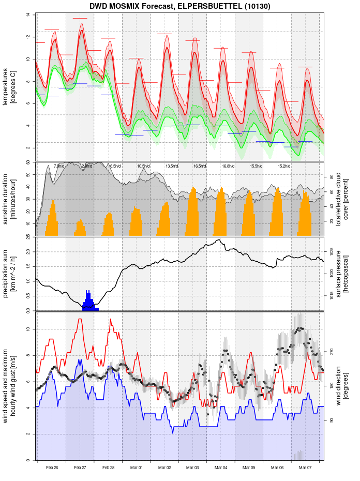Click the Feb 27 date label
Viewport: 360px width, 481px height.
tap(80, 468)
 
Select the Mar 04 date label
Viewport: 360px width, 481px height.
tap(221, 468)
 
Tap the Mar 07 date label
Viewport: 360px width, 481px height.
tap(305, 468)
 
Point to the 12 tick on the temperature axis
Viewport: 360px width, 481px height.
tap(28, 37)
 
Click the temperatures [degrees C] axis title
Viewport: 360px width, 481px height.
tap(9, 82)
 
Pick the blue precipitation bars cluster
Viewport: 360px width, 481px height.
tap(89, 301)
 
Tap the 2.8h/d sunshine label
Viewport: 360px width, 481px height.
tap(87, 166)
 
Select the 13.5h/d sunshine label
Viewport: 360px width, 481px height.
tap(172, 166)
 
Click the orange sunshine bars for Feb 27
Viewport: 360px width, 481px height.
tap(80, 228)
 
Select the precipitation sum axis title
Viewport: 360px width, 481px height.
tap(9, 273)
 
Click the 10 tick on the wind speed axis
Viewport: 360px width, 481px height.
tap(28, 329)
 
